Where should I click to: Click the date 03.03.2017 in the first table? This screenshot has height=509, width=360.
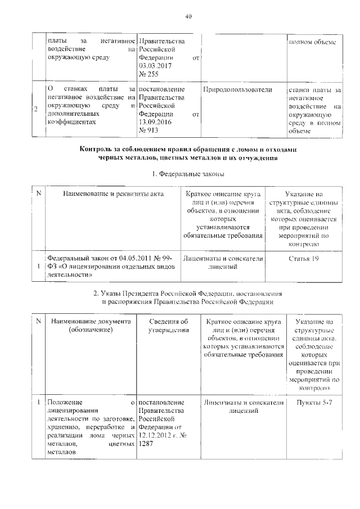(154, 66)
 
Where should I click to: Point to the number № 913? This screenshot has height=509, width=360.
(148, 130)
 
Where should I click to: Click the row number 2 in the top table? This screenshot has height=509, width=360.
(36, 110)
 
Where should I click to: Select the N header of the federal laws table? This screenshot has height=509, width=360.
(38, 194)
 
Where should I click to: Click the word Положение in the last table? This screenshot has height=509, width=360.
(65, 403)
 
